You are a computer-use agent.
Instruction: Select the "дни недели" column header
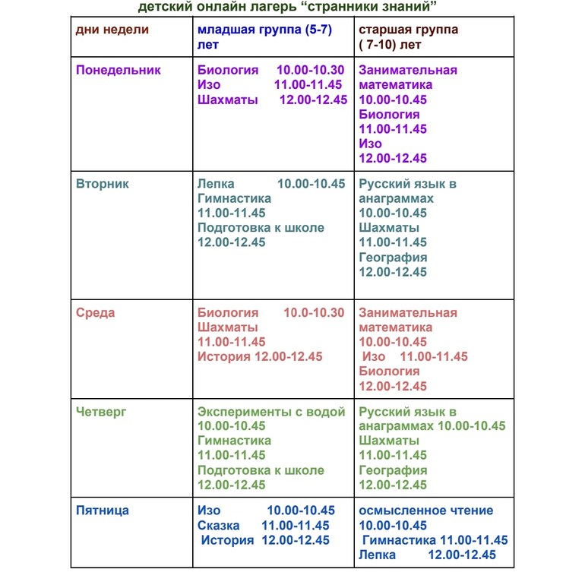(x=112, y=30)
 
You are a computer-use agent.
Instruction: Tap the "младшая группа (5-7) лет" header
(x=264, y=36)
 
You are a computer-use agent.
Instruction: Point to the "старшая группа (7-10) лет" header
(x=409, y=36)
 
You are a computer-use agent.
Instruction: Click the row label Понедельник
(x=119, y=70)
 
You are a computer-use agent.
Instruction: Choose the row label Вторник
(x=103, y=184)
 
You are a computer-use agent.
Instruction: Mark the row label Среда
(x=96, y=313)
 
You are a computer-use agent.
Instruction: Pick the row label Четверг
(x=101, y=412)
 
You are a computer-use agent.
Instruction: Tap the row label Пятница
(x=103, y=511)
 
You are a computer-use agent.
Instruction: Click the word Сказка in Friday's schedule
(x=218, y=526)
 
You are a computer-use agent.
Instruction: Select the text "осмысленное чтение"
(x=425, y=511)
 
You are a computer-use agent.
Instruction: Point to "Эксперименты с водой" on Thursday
(x=271, y=412)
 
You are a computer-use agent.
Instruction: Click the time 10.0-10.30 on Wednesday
(x=314, y=313)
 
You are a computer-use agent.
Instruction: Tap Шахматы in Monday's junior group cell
(x=227, y=100)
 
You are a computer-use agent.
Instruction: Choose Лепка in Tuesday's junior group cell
(x=216, y=184)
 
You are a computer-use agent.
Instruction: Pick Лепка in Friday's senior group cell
(x=378, y=555)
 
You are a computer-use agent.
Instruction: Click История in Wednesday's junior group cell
(x=224, y=357)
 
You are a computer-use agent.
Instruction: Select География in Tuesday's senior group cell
(x=393, y=257)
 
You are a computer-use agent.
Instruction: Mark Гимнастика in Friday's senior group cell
(x=399, y=540)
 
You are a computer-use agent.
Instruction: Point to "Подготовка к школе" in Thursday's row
(x=261, y=470)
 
